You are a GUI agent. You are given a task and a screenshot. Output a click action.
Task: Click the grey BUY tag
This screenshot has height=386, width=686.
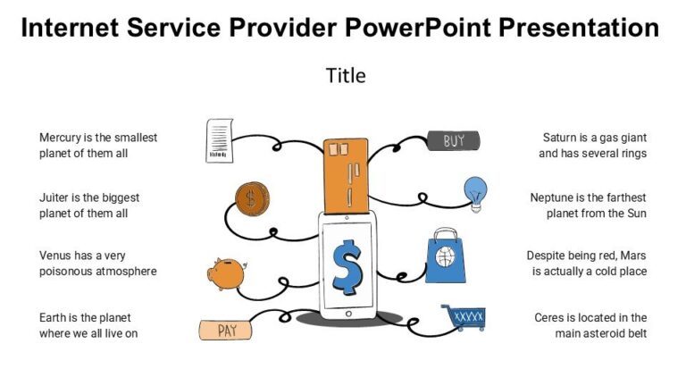(x=454, y=140)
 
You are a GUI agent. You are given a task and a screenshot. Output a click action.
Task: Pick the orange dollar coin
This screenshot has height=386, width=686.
(x=252, y=199)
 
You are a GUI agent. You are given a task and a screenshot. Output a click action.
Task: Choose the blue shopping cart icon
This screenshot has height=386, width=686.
(x=464, y=317)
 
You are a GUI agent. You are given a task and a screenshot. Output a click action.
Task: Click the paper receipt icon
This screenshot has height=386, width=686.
(x=219, y=140)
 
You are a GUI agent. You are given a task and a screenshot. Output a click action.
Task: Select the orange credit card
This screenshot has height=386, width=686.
(x=345, y=175)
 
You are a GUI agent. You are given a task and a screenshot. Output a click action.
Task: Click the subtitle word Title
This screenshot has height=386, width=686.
(x=346, y=76)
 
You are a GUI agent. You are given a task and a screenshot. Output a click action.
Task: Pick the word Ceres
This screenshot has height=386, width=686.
(x=551, y=317)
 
